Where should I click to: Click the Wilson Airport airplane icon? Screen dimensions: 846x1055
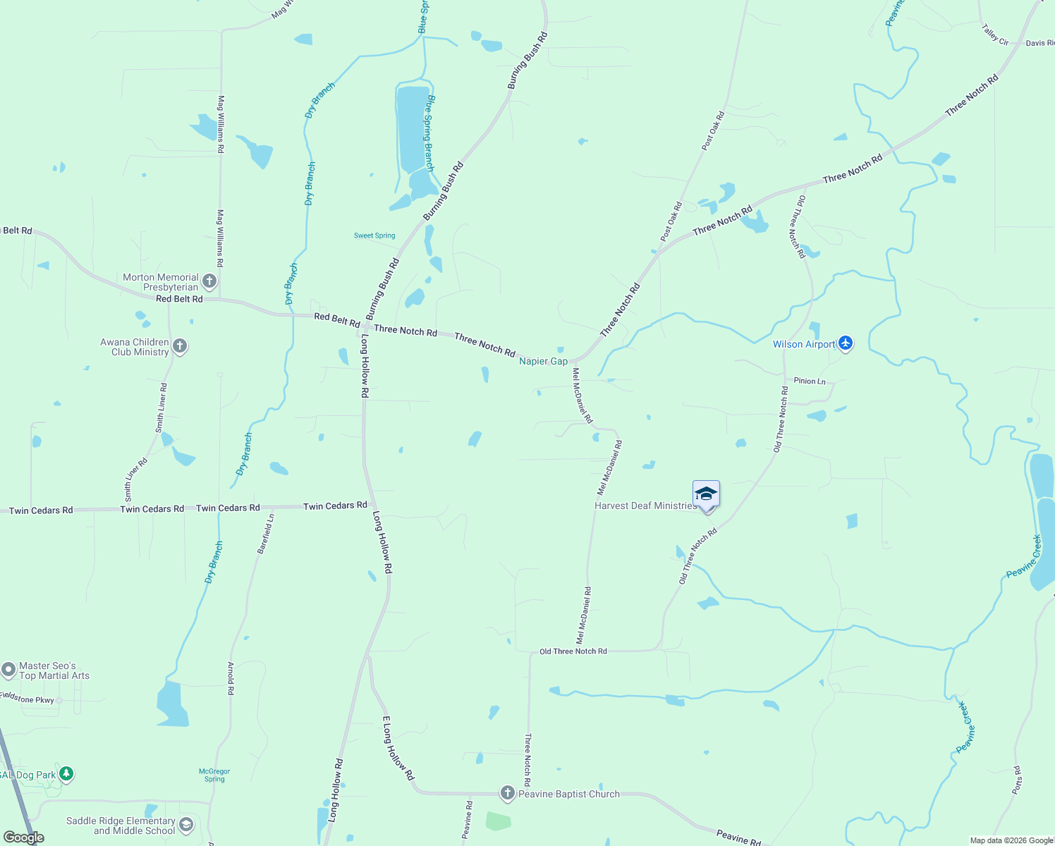point(846,344)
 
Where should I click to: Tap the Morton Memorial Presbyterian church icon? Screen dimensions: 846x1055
point(209,282)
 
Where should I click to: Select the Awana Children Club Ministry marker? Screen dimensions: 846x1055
point(180,346)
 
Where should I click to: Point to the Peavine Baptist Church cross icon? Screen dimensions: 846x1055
point(507,793)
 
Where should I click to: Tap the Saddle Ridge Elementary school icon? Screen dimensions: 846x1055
point(186,825)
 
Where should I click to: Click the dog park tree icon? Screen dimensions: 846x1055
point(66,774)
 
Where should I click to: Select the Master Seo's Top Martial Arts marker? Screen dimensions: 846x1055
point(8,670)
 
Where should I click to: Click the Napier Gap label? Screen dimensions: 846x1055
point(543,361)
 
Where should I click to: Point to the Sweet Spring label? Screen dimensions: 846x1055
point(374,235)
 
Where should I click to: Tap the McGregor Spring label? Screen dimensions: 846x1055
point(214,775)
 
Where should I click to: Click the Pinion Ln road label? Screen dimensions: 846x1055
point(810,381)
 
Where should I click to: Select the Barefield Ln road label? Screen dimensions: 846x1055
point(266,534)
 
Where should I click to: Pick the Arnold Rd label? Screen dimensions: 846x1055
point(231,678)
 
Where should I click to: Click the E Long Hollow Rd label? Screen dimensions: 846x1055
point(398,748)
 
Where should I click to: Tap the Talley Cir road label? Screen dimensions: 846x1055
point(995,35)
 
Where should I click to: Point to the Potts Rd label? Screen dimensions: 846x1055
point(1016,780)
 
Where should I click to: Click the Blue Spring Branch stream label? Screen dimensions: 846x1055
point(429,133)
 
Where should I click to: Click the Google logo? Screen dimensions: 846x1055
point(24,838)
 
